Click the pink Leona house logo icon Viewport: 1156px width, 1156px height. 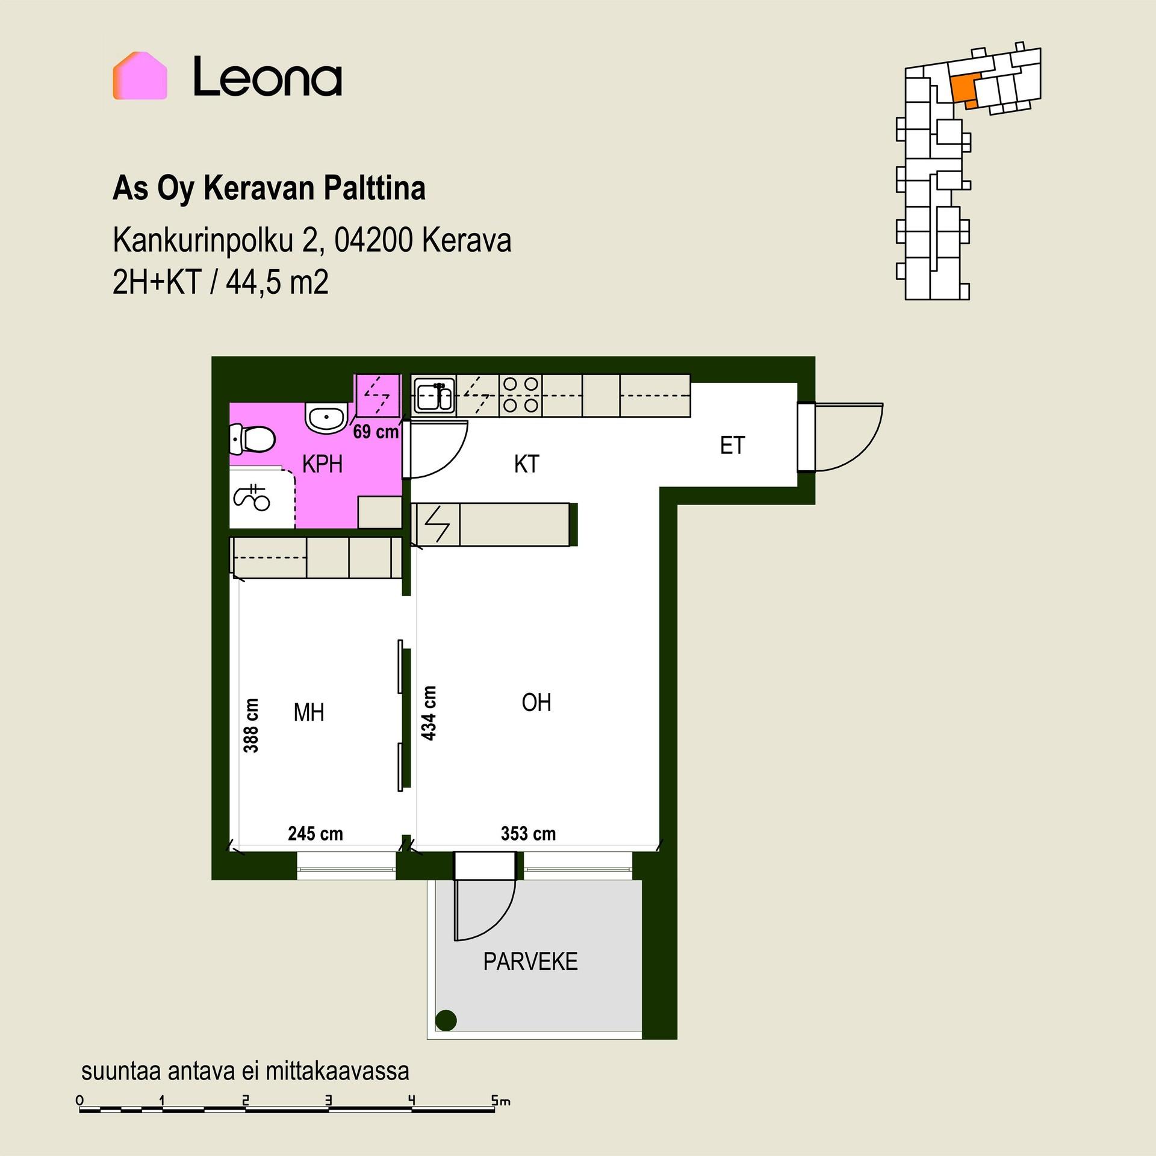(140, 75)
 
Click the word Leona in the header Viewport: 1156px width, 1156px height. (267, 76)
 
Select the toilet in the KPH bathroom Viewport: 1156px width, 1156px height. (252, 439)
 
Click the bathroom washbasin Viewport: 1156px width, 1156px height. (326, 417)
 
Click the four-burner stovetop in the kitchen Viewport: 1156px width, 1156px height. (521, 395)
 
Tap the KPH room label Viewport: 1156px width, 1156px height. (323, 464)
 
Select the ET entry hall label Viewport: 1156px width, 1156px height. (733, 446)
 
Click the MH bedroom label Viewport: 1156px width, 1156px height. (309, 713)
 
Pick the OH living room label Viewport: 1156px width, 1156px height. (536, 703)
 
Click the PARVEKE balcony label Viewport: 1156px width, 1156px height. (530, 962)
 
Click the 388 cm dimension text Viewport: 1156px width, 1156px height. (251, 726)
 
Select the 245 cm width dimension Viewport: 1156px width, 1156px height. (315, 834)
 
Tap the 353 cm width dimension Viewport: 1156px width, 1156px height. (529, 834)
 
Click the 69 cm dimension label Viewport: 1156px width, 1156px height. (376, 432)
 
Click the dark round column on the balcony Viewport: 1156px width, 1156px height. (446, 1020)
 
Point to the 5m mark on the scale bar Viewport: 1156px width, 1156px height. (500, 1102)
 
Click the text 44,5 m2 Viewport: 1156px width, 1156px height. (278, 283)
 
